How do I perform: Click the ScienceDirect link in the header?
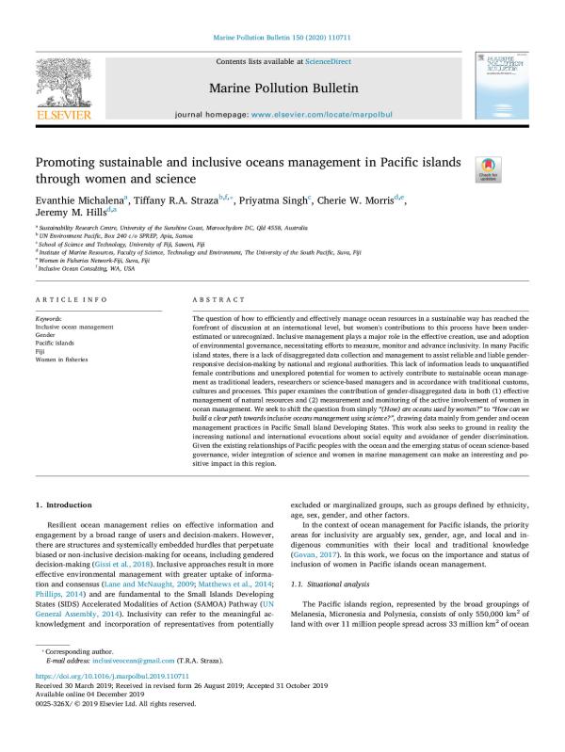click(x=326, y=60)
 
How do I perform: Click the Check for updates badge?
click(x=488, y=169)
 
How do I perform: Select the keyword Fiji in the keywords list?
click(x=40, y=352)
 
